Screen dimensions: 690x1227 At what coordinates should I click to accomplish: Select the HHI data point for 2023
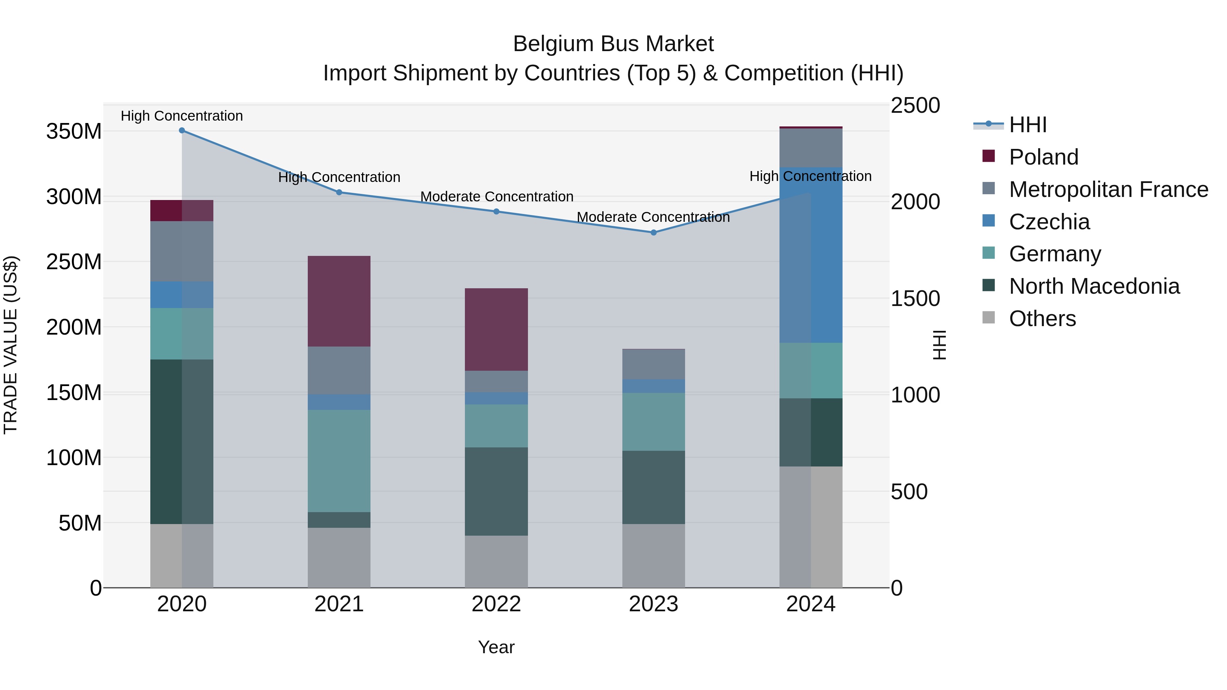(653, 232)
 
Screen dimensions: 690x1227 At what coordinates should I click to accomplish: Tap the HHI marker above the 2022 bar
(496, 211)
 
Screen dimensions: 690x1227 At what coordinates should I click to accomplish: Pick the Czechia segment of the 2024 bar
(811, 255)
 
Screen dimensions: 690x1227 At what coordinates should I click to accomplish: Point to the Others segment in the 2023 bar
(653, 556)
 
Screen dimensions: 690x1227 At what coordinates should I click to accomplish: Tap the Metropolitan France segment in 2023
(653, 364)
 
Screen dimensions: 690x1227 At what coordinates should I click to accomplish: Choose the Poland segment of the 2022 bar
(496, 329)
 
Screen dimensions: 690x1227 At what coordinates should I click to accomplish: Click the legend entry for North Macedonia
(1094, 286)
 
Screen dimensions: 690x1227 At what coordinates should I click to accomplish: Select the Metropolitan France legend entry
(1108, 189)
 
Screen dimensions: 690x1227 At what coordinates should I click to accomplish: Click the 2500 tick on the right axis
(915, 106)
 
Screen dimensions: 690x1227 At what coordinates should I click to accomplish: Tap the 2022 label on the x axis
(496, 604)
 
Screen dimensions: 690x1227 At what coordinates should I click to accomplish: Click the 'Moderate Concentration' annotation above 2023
(653, 217)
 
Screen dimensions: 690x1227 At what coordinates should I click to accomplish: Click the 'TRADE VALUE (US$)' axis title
(11, 345)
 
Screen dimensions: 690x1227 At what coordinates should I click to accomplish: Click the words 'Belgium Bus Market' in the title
(613, 44)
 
